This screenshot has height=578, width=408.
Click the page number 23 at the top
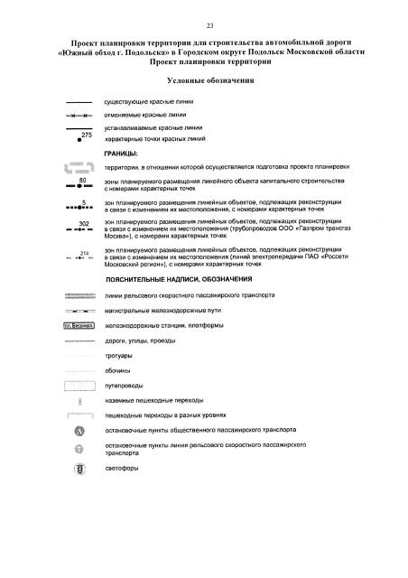coord(209,24)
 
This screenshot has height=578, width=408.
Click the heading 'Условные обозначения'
coord(207,80)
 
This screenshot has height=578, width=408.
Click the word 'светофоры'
coord(123,471)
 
